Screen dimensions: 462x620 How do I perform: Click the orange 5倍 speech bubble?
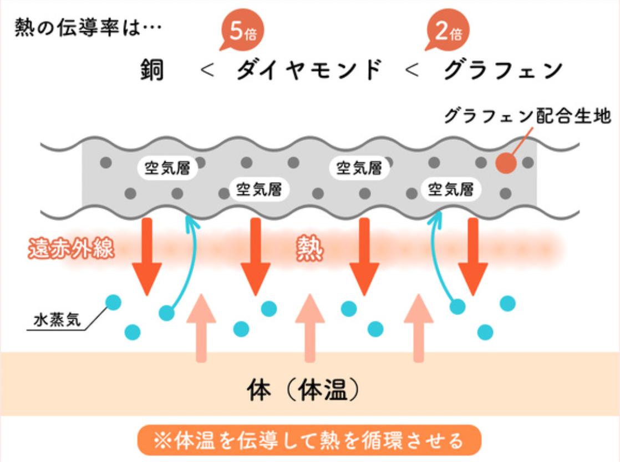point(242,33)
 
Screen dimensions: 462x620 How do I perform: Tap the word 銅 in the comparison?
point(152,71)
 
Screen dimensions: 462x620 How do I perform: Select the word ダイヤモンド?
point(309,71)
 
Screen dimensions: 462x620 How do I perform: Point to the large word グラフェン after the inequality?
point(504,71)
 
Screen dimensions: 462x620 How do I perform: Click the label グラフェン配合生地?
point(527,117)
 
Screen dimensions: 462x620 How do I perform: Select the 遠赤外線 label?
point(71,249)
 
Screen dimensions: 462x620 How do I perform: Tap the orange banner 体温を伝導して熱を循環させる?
point(309,440)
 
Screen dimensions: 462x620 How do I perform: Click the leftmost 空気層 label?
point(167,168)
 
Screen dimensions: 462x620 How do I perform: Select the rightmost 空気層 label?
point(451,189)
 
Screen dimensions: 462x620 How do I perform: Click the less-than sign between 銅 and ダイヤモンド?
point(206,71)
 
